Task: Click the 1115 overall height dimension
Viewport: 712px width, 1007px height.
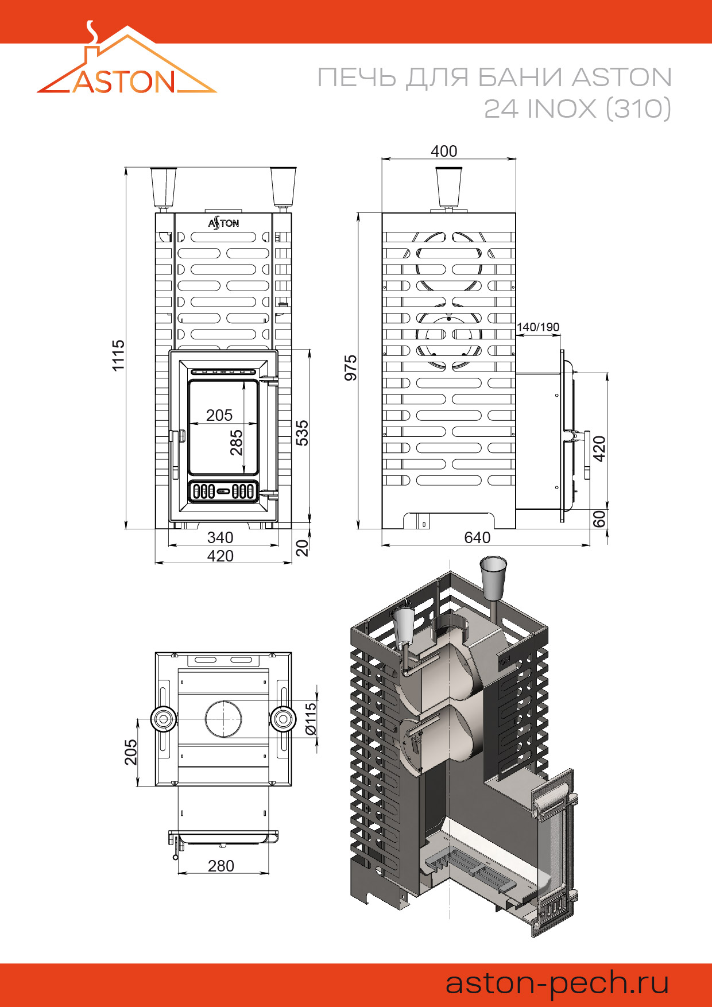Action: [x=118, y=355]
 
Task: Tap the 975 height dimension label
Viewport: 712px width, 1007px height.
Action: [x=351, y=367]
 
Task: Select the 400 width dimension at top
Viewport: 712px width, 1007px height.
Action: [x=444, y=151]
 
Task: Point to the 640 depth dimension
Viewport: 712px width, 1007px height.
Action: [x=477, y=537]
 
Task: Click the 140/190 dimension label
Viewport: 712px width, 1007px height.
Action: [x=538, y=327]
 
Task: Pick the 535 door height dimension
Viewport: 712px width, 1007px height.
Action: [x=302, y=433]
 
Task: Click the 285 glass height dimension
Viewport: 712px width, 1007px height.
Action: [x=237, y=443]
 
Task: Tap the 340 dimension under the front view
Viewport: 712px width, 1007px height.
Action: [x=220, y=537]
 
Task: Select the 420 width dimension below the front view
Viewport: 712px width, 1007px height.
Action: [x=220, y=556]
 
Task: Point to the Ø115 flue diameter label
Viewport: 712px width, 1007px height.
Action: [x=311, y=719]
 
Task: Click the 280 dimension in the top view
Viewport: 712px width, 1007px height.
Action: [x=221, y=866]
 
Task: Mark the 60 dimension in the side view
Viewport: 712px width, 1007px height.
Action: [x=599, y=519]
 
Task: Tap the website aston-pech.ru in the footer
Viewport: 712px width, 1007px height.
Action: [x=558, y=983]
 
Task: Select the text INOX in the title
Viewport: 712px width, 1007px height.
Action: [x=562, y=109]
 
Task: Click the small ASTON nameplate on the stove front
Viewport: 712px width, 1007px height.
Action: [x=223, y=223]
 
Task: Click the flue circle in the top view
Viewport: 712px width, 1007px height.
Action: [x=223, y=719]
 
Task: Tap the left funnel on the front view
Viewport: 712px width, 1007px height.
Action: [x=164, y=187]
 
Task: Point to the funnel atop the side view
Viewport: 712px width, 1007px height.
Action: [x=449, y=187]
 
